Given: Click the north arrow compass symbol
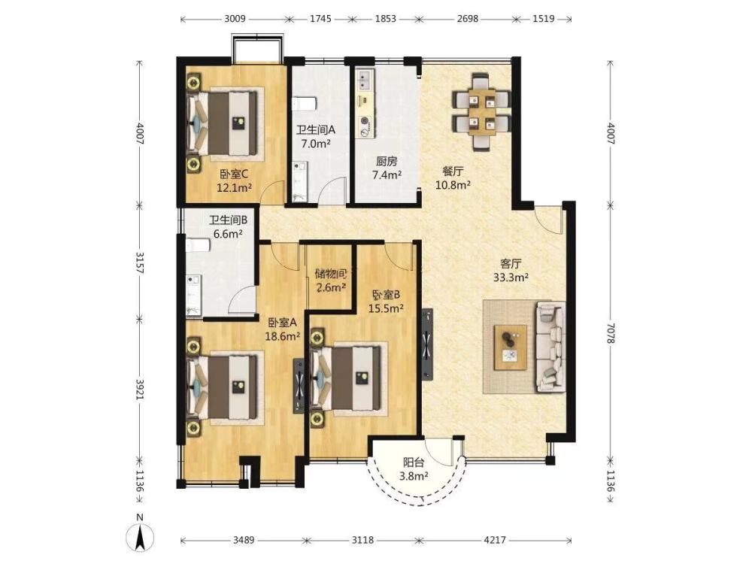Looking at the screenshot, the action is coord(140,535).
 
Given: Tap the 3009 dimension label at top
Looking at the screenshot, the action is coord(235,19).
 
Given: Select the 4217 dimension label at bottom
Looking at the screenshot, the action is coord(495,540).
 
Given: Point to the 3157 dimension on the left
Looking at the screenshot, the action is coord(140,262).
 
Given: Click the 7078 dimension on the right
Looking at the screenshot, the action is coord(610,332).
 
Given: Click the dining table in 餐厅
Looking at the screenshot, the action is coord(481,111).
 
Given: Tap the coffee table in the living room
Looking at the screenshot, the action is coord(511,347).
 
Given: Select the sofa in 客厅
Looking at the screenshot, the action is coord(550,345).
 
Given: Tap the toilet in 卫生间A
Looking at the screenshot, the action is coord(304,103).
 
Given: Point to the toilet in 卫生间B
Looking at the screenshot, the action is coord(198,245).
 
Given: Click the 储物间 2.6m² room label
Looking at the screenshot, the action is coord(330,280).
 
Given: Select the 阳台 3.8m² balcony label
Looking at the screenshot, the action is coord(414,469).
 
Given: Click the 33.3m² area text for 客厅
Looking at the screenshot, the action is coord(511,277).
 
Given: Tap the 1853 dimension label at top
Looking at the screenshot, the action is coord(386,19).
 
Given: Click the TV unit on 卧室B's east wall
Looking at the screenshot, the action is coord(427,345).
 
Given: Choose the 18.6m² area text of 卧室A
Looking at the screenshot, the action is coord(283,336).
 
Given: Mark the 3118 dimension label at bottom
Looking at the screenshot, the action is coord(362,540).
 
